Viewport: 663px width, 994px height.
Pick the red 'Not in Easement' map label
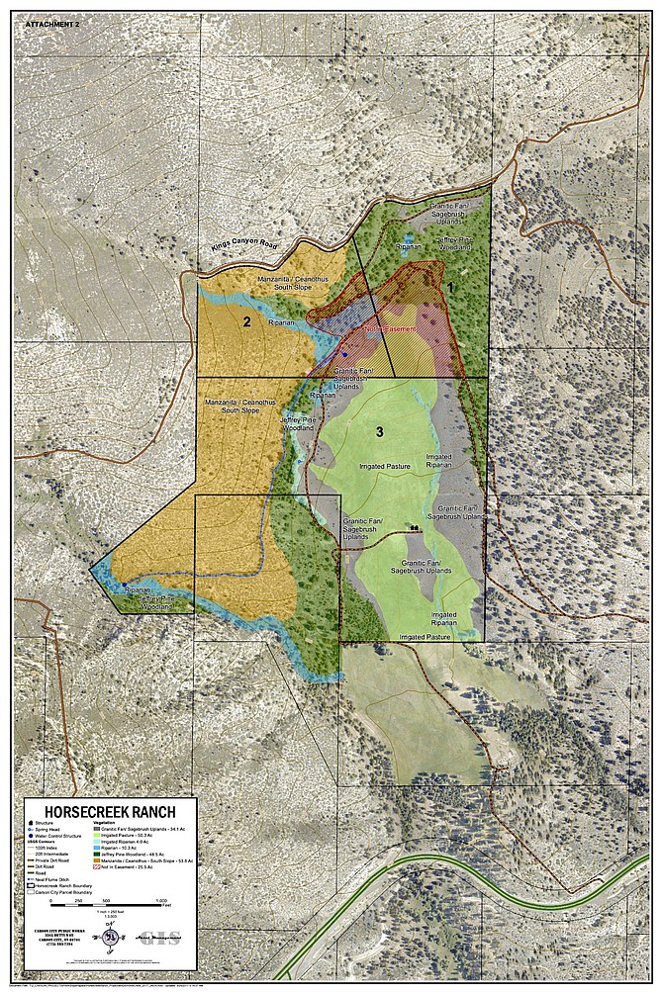[x=389, y=330]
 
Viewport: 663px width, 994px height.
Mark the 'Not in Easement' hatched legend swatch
[x=95, y=867]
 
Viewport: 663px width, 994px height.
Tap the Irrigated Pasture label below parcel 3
[x=426, y=637]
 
